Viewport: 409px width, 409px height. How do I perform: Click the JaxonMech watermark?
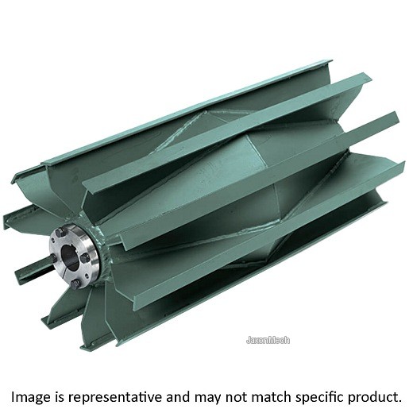(268, 340)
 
